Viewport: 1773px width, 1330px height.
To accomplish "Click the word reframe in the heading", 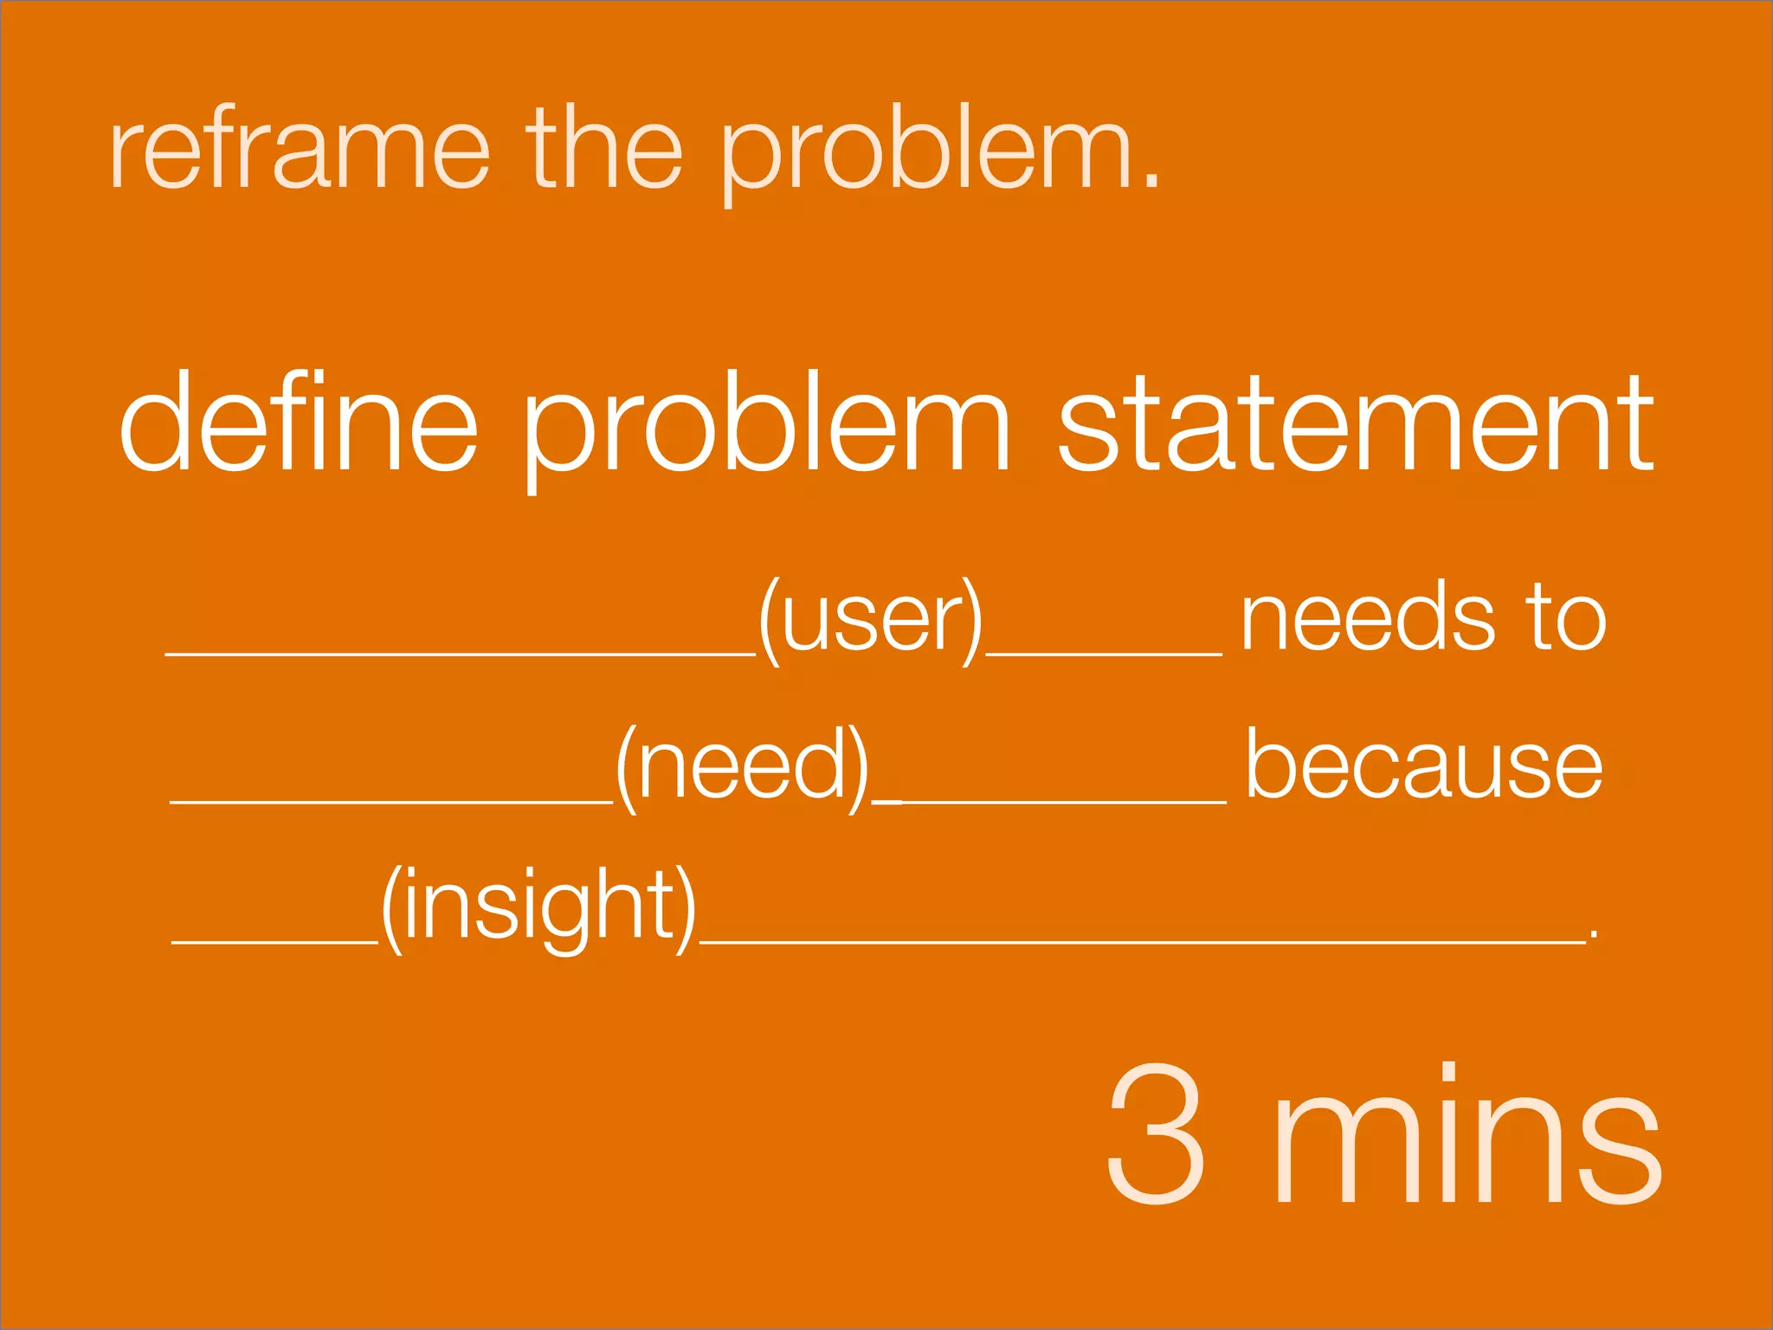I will (299, 149).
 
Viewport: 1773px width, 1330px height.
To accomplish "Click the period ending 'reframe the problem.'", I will (1150, 179).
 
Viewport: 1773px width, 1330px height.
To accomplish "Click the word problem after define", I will (766, 429).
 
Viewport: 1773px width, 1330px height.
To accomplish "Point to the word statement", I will (1356, 424).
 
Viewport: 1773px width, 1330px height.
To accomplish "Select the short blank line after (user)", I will (1104, 654).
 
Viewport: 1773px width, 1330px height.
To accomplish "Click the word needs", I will (1368, 617).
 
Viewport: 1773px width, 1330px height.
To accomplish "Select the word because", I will (1423, 766).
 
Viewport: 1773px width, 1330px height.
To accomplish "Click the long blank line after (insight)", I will (1143, 940).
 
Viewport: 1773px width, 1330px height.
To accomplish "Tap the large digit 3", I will (1157, 1134).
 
